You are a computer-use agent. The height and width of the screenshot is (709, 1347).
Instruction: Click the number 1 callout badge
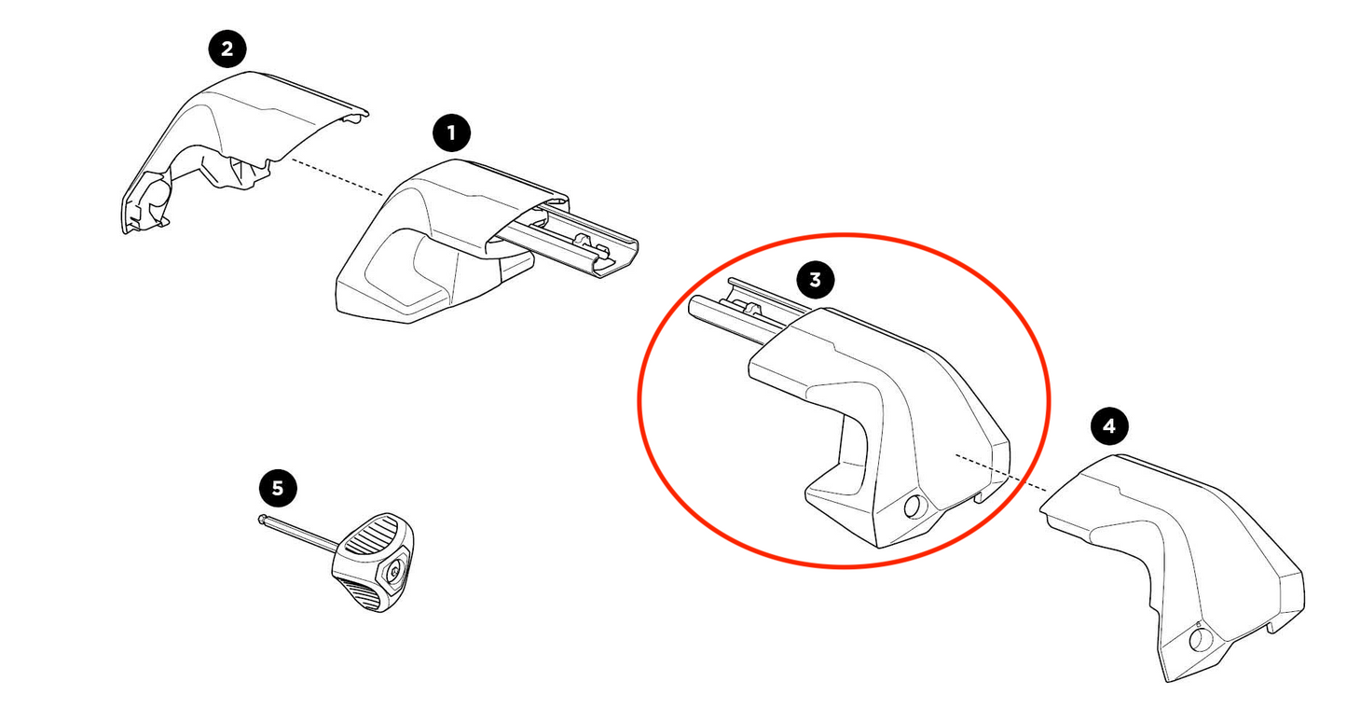[452, 133]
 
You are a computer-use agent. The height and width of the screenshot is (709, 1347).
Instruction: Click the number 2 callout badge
[227, 49]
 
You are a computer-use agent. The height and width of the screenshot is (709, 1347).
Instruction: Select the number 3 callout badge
[815, 279]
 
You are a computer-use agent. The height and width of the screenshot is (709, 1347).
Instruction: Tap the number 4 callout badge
[1108, 427]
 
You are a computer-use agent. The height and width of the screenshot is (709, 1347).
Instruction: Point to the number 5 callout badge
[277, 487]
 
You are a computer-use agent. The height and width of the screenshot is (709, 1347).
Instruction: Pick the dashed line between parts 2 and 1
[336, 177]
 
